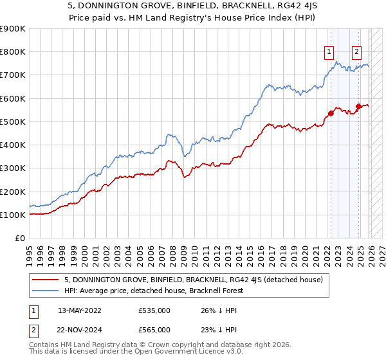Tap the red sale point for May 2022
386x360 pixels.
331,113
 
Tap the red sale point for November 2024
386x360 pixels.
358,106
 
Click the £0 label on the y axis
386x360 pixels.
19,239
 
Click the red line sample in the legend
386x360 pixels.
46,279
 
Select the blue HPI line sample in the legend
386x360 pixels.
46,291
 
